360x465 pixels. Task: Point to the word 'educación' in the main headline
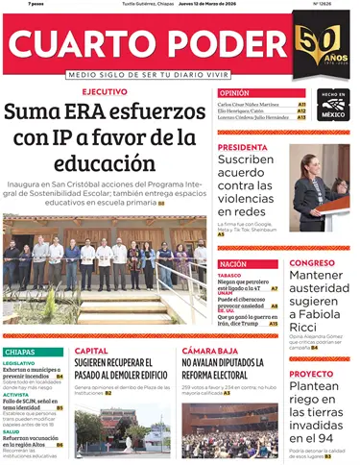pos(107,161)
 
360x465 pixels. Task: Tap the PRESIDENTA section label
pos(242,147)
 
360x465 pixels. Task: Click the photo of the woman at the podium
pos(319,187)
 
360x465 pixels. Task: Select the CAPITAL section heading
pos(92,351)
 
